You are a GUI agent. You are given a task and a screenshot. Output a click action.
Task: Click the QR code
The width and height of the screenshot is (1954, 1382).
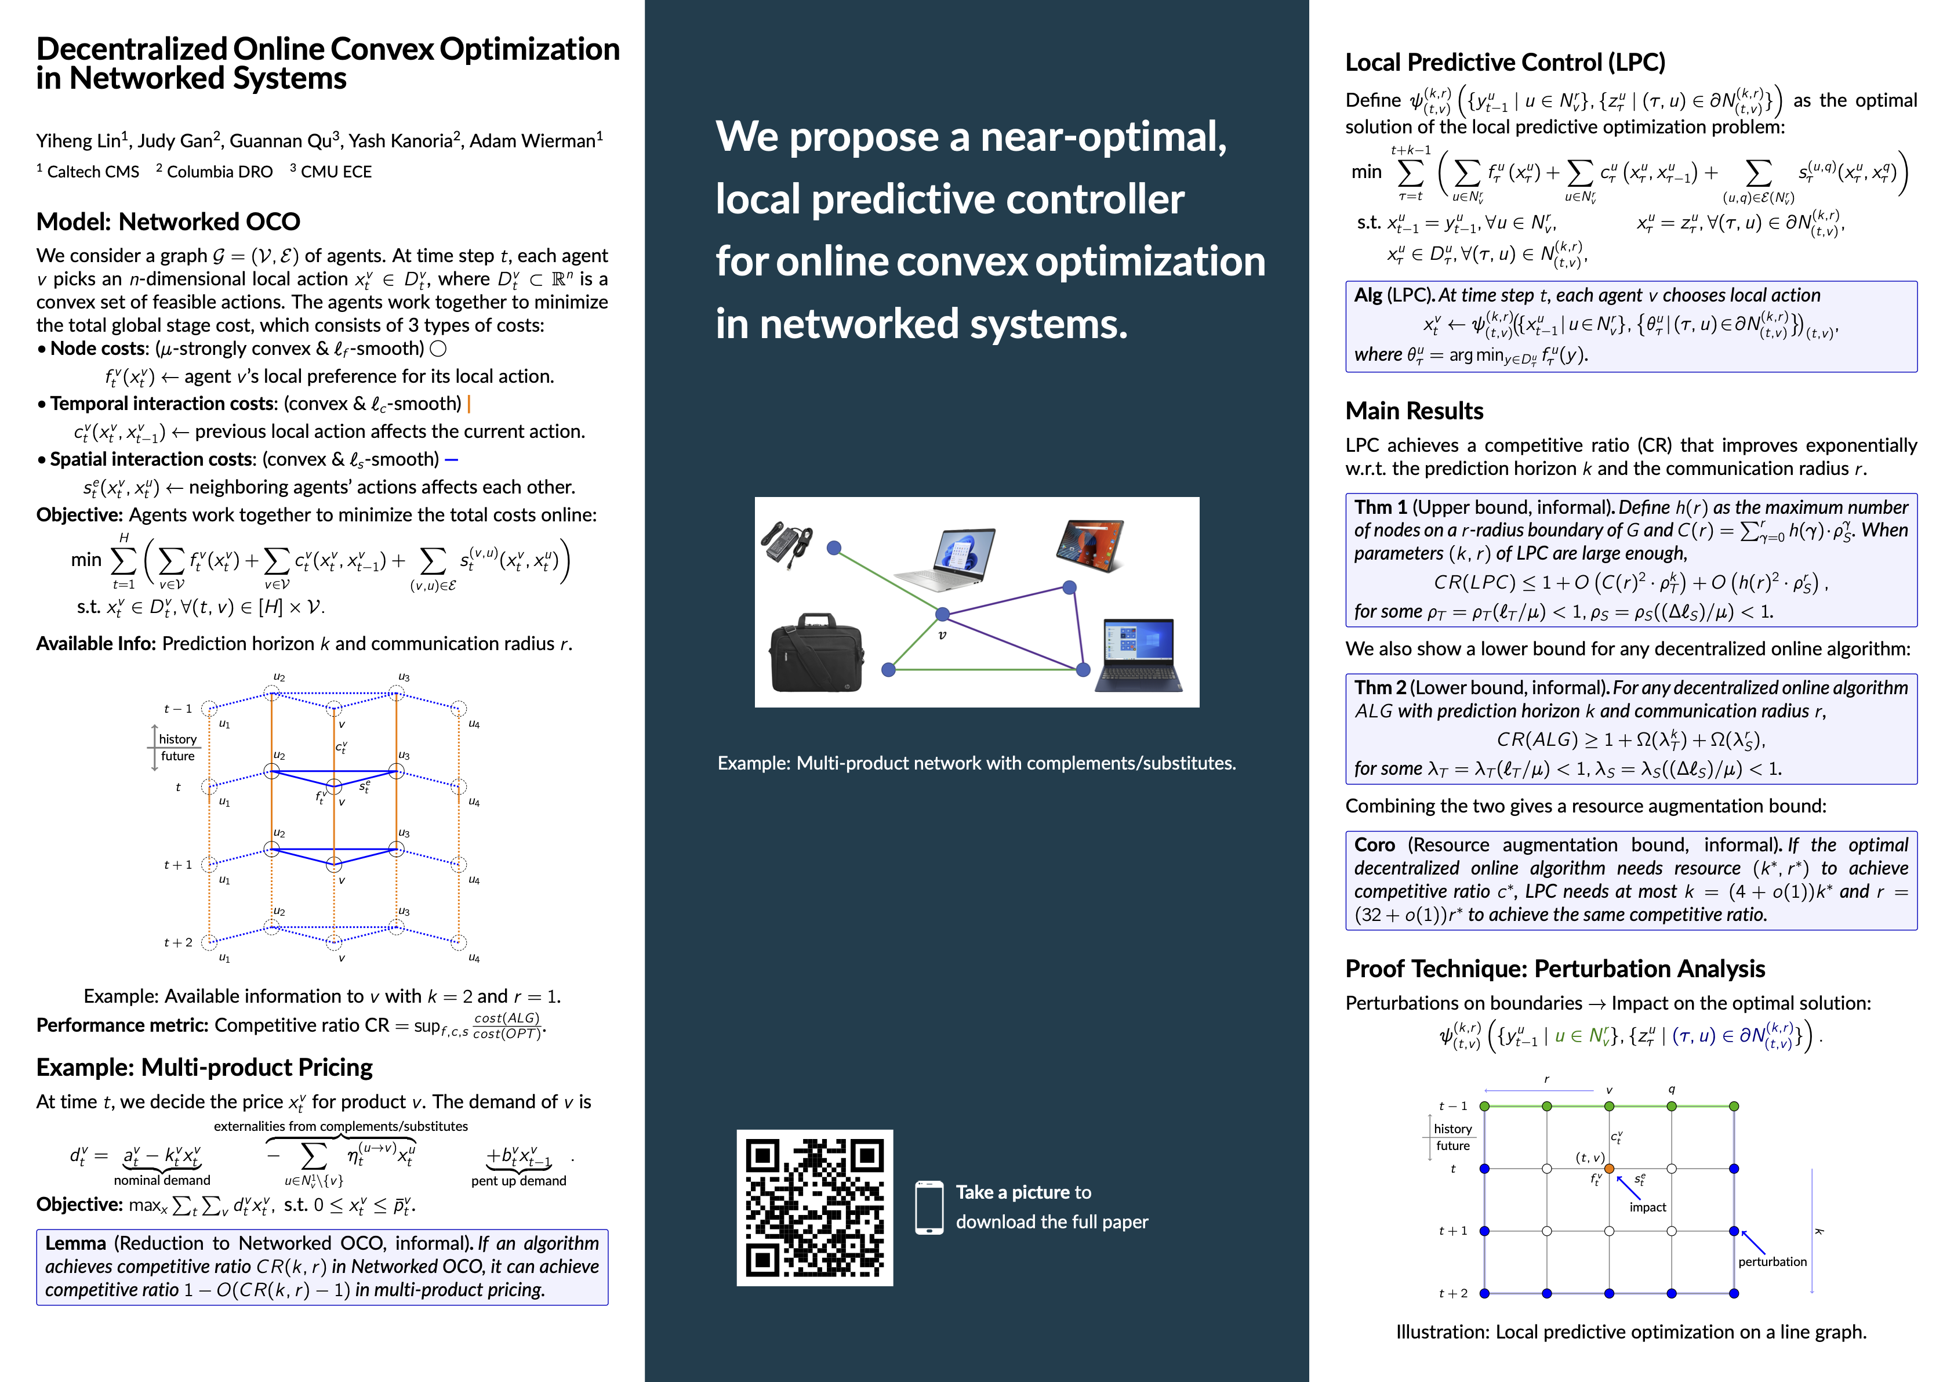point(815,1207)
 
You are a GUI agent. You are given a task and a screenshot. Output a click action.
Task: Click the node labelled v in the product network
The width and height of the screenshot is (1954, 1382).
point(942,614)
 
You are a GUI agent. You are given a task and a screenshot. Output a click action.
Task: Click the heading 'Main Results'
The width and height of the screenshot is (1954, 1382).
point(1414,411)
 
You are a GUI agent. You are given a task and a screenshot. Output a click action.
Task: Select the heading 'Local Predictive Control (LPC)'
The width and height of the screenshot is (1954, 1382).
point(1505,62)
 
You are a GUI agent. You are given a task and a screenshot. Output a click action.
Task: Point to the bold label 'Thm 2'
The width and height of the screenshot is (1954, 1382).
point(1379,688)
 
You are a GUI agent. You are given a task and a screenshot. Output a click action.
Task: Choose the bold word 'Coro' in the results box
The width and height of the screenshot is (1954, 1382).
point(1374,845)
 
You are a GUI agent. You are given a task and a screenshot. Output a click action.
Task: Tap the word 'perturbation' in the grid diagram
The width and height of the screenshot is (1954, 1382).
point(1772,1262)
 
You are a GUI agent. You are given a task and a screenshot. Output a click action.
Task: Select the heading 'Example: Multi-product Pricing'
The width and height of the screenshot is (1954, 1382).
point(204,1067)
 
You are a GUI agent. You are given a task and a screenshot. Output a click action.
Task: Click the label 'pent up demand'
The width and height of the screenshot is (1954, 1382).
point(518,1181)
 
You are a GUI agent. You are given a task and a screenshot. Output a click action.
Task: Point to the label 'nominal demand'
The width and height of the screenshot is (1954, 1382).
point(162,1180)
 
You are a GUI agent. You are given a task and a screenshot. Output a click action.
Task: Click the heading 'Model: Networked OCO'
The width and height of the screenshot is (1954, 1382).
point(168,222)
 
